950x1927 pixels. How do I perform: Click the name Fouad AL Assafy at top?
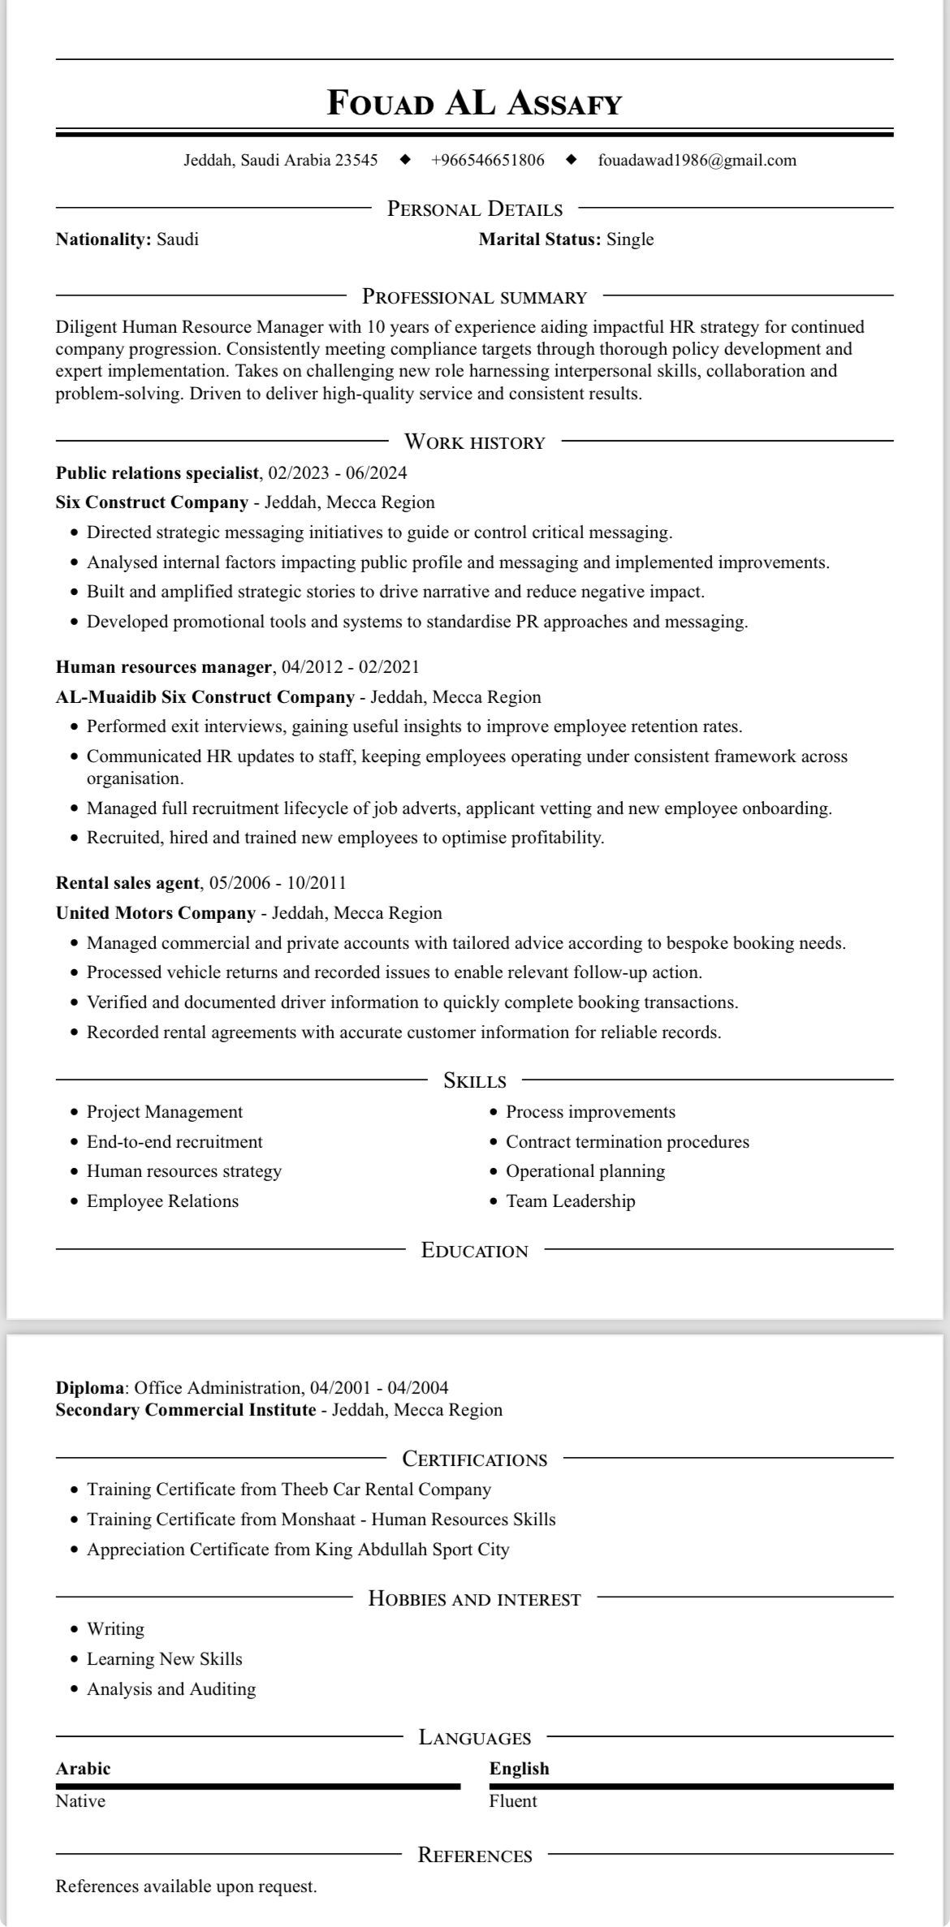click(474, 104)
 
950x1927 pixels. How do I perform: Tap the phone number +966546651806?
click(487, 160)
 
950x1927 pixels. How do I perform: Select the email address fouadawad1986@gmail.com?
click(697, 160)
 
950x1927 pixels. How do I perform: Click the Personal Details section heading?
click(474, 209)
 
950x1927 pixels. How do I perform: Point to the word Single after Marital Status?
click(630, 239)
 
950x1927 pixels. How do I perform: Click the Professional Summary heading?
click(474, 297)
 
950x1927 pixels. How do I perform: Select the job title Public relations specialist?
click(157, 473)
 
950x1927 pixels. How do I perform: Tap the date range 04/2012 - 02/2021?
click(350, 667)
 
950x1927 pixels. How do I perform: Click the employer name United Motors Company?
click(155, 913)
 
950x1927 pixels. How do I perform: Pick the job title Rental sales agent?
click(127, 883)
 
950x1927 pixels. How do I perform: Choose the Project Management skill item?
click(165, 1112)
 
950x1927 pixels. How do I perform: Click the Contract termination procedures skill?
click(627, 1142)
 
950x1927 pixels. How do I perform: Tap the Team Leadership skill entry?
click(570, 1201)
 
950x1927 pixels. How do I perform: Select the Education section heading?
click(474, 1251)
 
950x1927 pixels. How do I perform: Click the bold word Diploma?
click(90, 1388)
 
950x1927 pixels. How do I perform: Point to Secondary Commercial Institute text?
click(185, 1410)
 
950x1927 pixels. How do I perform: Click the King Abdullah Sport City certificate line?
click(298, 1550)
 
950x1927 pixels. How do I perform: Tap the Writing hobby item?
click(115, 1629)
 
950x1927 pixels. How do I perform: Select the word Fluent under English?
click(512, 1801)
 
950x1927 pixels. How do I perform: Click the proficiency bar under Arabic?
click(257, 1787)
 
